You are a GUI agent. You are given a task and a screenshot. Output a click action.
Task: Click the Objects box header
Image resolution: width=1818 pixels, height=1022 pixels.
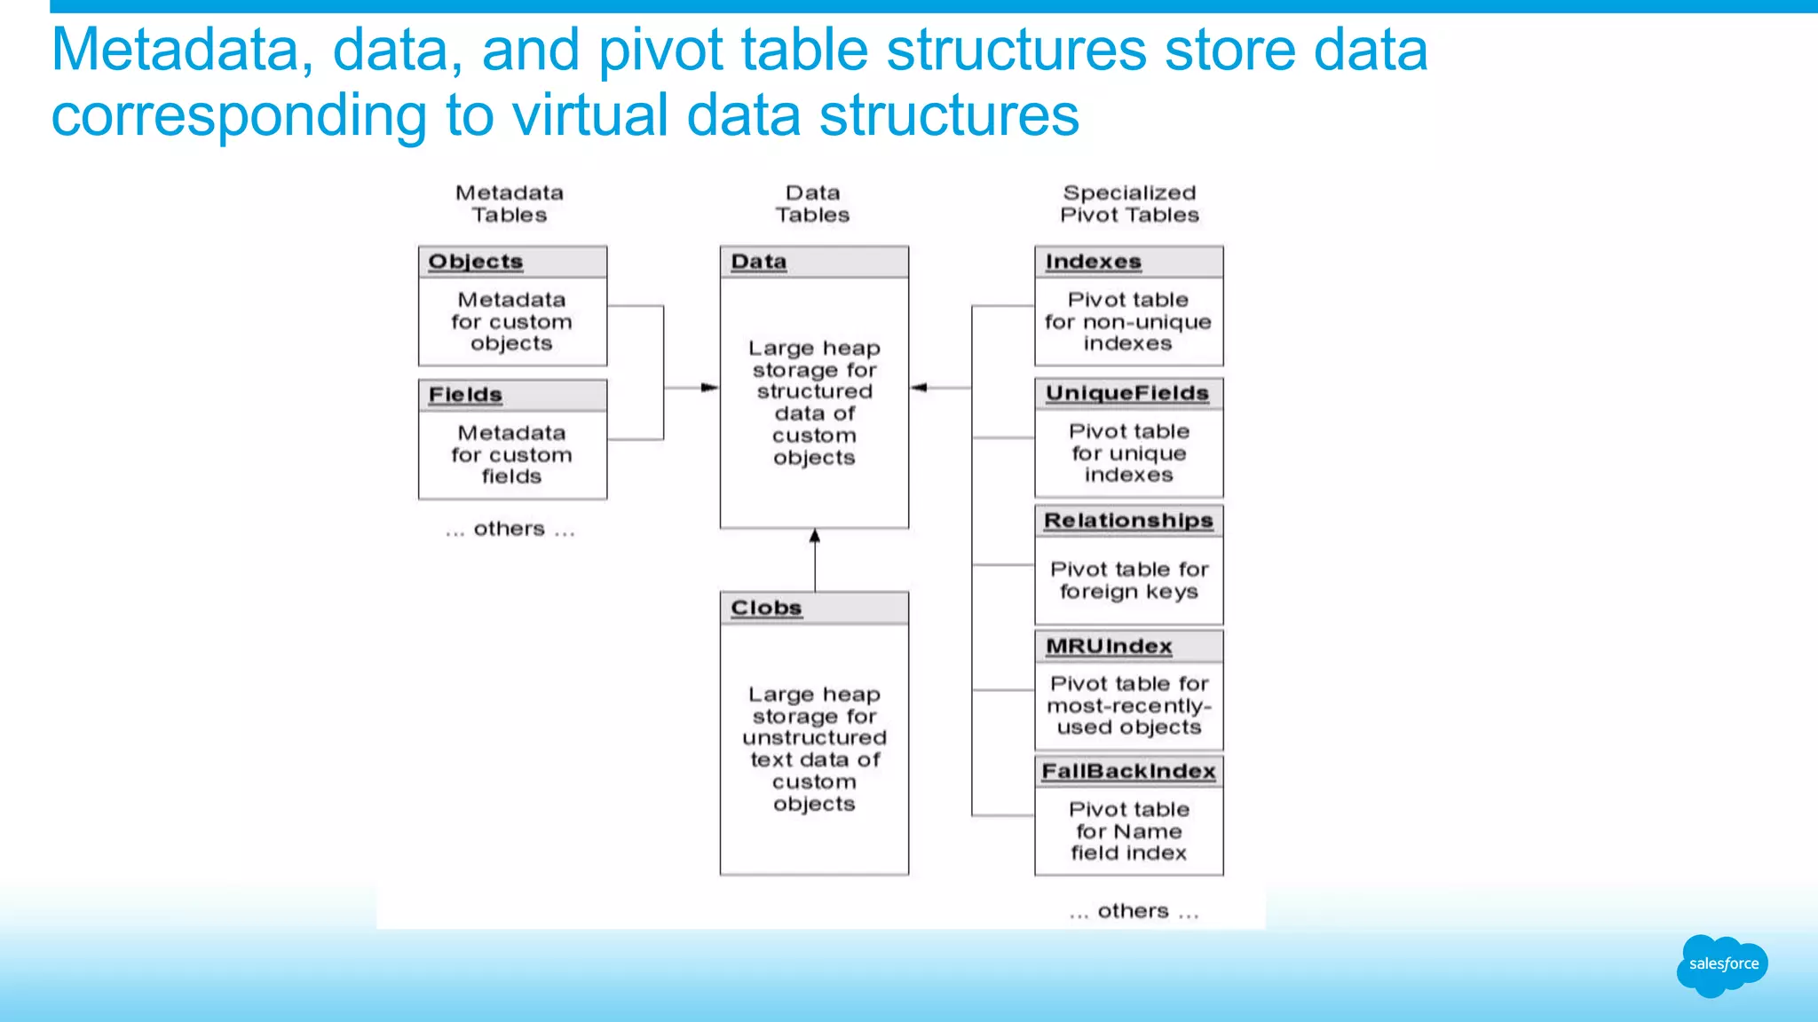tap(512, 262)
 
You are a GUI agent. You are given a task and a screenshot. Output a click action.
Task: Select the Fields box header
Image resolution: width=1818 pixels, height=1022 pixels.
tap(512, 395)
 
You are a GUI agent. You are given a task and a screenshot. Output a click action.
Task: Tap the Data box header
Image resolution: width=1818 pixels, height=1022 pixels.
tap(813, 262)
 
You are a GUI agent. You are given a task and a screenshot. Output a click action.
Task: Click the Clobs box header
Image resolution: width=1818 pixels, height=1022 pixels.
tap(813, 608)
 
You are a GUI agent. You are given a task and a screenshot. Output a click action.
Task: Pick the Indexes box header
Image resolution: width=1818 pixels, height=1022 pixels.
tap(1128, 262)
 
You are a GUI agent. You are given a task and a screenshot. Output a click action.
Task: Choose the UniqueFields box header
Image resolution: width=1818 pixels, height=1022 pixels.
tap(1128, 393)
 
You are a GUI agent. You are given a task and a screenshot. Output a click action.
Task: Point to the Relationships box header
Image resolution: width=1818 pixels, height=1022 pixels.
tap(1128, 521)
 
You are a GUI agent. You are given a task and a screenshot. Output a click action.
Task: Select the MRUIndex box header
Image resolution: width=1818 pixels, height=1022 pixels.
tap(1128, 646)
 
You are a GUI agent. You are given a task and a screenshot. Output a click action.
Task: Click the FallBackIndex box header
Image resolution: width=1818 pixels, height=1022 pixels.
tap(1128, 771)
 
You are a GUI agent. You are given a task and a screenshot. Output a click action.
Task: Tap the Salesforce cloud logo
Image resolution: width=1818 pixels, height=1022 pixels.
tap(1722, 964)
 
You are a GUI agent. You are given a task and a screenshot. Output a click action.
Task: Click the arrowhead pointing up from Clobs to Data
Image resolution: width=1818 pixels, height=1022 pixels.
tap(815, 536)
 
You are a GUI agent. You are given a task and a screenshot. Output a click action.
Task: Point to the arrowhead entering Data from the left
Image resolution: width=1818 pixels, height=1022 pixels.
tap(709, 388)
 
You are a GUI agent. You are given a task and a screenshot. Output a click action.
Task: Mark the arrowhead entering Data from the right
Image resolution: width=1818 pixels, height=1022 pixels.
tap(920, 388)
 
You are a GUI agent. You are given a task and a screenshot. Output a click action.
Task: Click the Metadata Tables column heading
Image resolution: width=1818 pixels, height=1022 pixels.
tap(510, 204)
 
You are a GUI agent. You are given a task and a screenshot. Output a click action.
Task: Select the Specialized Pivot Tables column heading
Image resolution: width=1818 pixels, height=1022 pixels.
tap(1129, 204)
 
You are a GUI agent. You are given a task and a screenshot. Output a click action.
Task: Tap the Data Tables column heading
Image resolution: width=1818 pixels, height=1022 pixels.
tap(812, 204)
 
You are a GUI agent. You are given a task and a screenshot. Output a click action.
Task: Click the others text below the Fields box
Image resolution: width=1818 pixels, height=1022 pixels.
tap(510, 529)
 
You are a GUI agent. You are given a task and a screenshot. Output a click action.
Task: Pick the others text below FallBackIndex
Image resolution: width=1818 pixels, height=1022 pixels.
tap(1134, 911)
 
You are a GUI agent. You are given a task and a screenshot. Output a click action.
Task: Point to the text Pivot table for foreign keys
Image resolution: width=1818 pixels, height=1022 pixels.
tap(1129, 580)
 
